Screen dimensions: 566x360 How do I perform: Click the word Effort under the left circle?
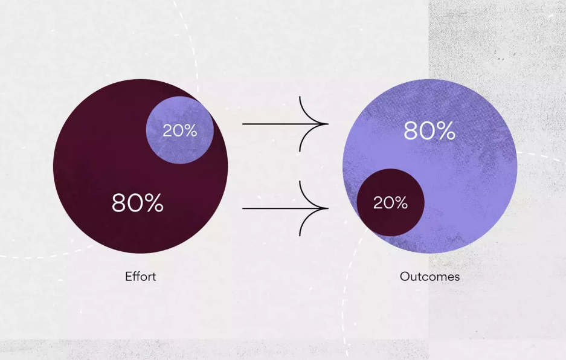click(x=140, y=277)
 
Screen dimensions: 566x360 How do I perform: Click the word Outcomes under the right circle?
click(x=429, y=277)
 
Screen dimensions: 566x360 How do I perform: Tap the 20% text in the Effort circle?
click(x=180, y=130)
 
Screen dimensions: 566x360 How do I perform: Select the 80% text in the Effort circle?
click(x=138, y=202)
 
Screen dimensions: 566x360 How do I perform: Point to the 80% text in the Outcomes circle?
click(x=429, y=130)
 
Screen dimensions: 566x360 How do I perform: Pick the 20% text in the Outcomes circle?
click(x=391, y=202)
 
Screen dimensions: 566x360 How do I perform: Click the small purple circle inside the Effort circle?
click(x=180, y=130)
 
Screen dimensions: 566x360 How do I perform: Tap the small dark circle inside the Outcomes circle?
click(x=391, y=202)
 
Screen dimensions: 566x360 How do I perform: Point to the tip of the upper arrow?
click(x=328, y=124)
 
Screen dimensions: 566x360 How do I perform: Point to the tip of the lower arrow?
click(x=328, y=208)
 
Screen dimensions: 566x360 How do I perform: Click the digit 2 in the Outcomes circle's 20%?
click(x=378, y=203)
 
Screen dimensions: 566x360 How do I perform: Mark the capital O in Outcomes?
click(x=405, y=277)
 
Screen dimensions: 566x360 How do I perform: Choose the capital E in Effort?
click(x=128, y=277)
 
